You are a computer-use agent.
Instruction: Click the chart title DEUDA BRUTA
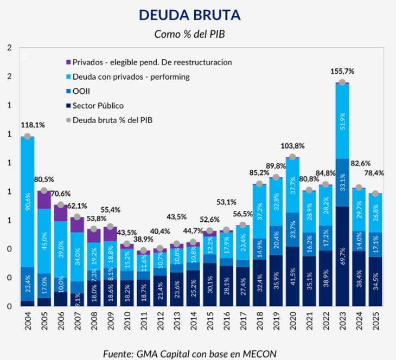189,15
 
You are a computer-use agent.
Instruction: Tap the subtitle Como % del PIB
189,34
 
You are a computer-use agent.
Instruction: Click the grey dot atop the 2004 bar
27,136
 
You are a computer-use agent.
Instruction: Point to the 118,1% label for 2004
33,125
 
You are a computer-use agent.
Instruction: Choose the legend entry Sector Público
98,105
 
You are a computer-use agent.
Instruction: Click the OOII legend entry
81,91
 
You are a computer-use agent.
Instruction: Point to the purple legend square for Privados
68,62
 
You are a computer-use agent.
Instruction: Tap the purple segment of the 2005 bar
44,200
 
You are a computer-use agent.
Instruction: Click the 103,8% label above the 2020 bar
293,146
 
